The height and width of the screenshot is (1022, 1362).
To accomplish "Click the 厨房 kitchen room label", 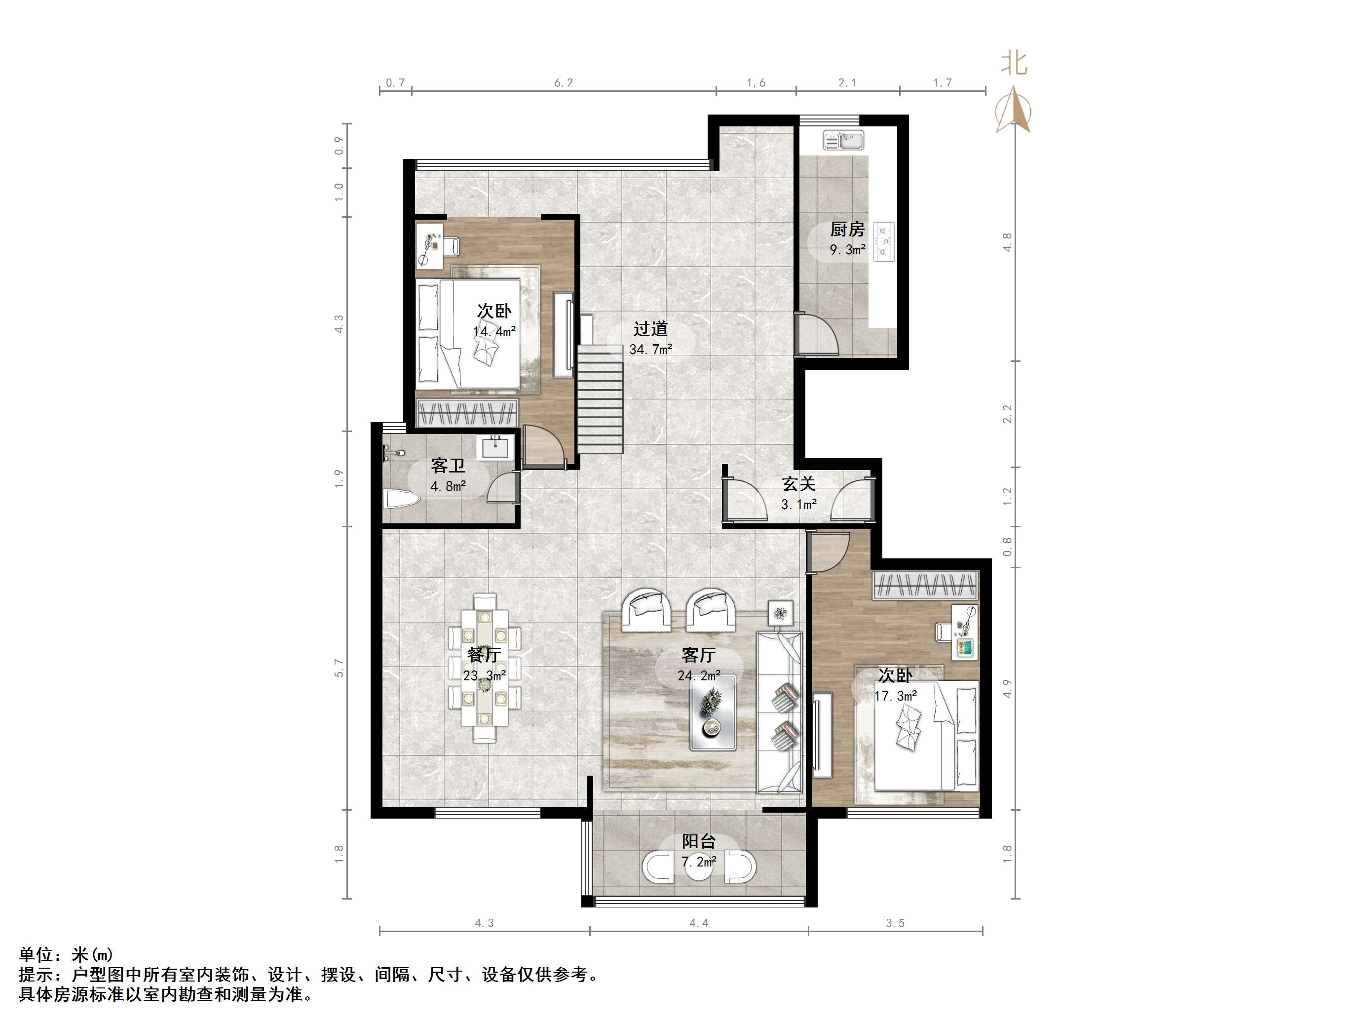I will tap(847, 229).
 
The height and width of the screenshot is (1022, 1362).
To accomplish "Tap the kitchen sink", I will tap(843, 140).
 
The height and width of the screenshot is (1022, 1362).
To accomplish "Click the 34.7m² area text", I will tap(650, 349).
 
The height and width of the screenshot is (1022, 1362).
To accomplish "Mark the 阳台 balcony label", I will tap(698, 841).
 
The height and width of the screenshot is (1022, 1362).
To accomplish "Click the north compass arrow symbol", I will tap(1014, 111).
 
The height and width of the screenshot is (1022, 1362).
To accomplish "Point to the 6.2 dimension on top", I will tap(564, 82).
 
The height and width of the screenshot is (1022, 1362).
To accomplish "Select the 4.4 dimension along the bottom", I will tap(698, 923).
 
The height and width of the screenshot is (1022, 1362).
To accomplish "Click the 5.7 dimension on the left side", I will tap(339, 668).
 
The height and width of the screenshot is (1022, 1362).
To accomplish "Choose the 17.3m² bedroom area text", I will tap(895, 696).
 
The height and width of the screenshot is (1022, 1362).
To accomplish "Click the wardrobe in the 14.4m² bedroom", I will tap(467, 412).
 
